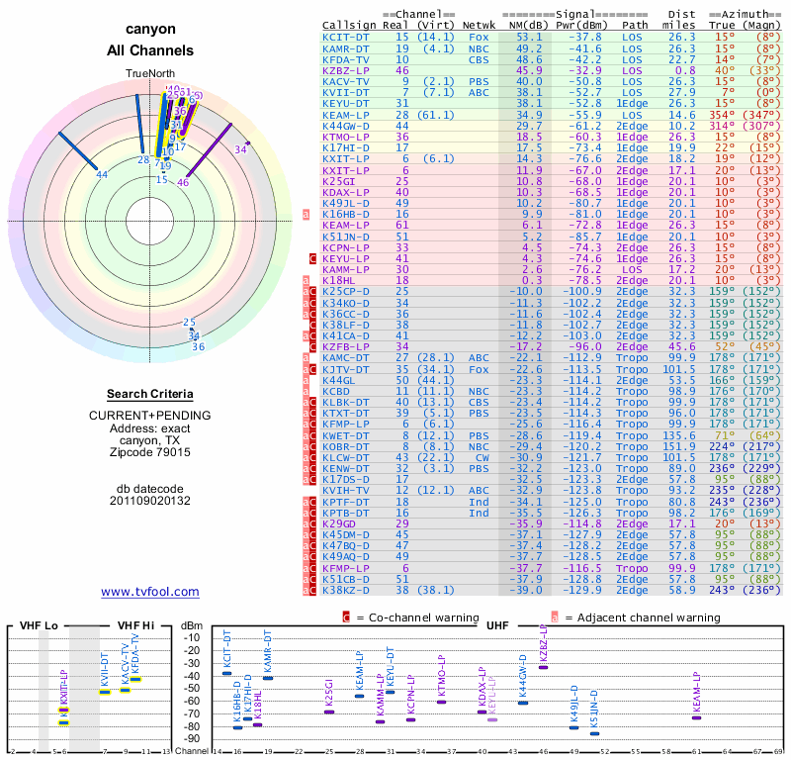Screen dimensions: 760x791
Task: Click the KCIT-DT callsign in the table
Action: pos(347,37)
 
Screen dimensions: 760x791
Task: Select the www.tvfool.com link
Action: pos(150,592)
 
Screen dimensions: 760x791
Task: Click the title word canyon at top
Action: pos(150,30)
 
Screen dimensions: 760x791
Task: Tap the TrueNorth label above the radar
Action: pos(150,74)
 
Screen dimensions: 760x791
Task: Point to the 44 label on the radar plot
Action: pos(102,175)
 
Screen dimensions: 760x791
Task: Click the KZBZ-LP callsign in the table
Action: pos(347,70)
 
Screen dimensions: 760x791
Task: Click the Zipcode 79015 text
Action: pos(150,452)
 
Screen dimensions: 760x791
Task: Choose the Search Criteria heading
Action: pos(150,394)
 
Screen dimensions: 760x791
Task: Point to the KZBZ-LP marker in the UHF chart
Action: pos(543,667)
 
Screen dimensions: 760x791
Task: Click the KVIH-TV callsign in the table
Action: pos(347,490)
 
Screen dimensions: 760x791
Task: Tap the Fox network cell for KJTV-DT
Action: pos(480,370)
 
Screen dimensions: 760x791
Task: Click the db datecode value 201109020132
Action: pos(150,501)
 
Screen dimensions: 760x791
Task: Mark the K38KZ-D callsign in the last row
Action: pos(347,589)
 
